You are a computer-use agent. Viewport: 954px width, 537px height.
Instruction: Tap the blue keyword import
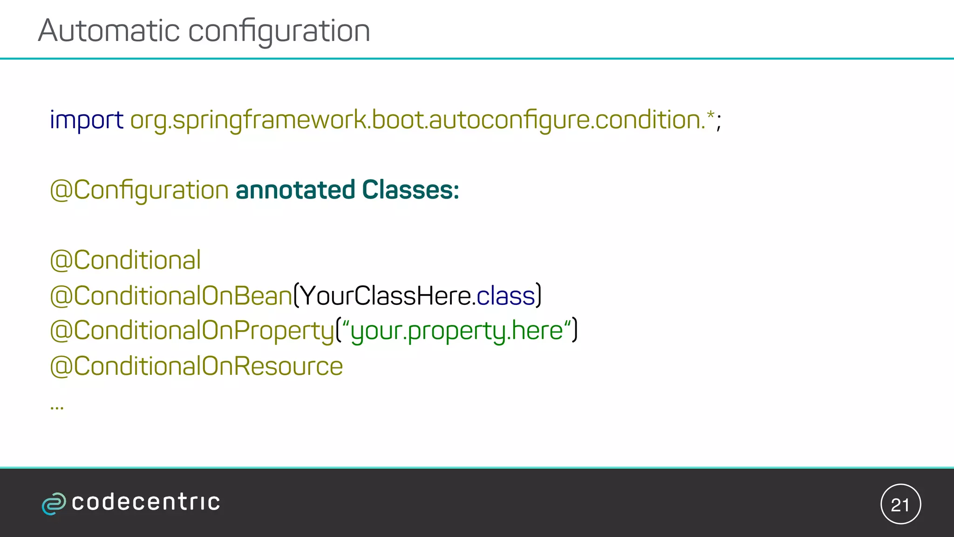pos(86,120)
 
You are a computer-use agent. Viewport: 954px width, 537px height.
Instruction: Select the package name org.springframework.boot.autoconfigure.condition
pos(417,120)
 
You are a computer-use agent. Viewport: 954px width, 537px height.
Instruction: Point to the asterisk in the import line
pos(710,115)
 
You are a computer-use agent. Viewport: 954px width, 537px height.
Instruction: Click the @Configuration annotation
pos(139,191)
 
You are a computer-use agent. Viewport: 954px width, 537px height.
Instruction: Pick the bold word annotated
pos(295,190)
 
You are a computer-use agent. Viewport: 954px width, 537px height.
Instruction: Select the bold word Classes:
pos(410,190)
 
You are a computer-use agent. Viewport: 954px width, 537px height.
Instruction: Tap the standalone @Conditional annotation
pos(125,260)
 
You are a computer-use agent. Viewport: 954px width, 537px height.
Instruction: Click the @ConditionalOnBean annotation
pos(171,296)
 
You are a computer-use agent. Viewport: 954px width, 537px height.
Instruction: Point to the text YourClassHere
pos(384,296)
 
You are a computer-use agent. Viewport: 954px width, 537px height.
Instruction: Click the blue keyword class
pos(505,296)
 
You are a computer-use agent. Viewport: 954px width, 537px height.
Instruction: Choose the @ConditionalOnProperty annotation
pos(192,331)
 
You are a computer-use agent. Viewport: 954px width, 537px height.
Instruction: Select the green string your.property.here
pos(457,331)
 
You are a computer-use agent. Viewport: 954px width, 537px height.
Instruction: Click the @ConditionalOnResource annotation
pos(196,366)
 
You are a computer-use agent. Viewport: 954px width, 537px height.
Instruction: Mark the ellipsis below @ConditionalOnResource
pos(57,408)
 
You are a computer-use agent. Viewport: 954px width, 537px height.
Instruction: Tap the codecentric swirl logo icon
pos(54,503)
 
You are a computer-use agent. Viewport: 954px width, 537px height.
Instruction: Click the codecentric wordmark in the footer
pos(146,503)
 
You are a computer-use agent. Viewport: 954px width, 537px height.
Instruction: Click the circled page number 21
pos(900,504)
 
